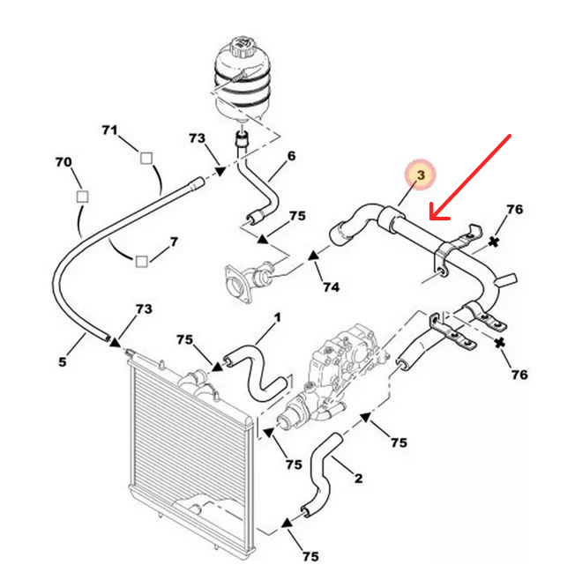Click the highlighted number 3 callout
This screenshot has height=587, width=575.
421,176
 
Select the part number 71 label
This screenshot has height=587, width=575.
109,130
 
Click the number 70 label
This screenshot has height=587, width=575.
63,162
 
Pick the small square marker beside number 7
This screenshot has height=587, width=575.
141,260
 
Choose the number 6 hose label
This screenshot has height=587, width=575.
291,157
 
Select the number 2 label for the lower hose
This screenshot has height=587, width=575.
358,479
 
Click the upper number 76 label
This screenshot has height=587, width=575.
515,209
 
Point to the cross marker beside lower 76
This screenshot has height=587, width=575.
499,341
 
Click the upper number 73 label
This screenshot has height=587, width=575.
197,138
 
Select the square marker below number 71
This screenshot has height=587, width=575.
146,159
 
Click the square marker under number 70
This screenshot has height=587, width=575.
82,196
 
